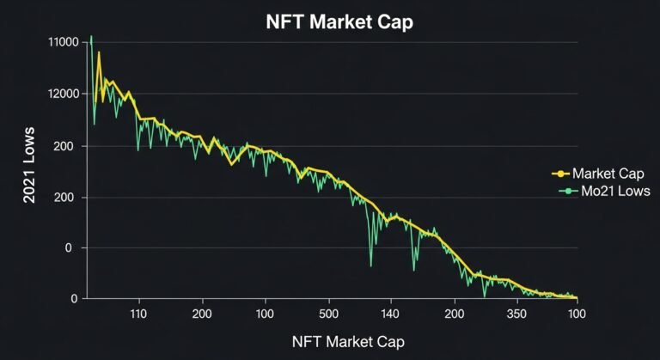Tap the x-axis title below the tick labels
coord(347,342)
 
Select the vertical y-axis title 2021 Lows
coord(29,173)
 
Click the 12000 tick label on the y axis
coord(65,94)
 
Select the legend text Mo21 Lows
coord(611,190)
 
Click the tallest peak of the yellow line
coord(99,52)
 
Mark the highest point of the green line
coord(91,37)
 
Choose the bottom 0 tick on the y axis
coord(74,299)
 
